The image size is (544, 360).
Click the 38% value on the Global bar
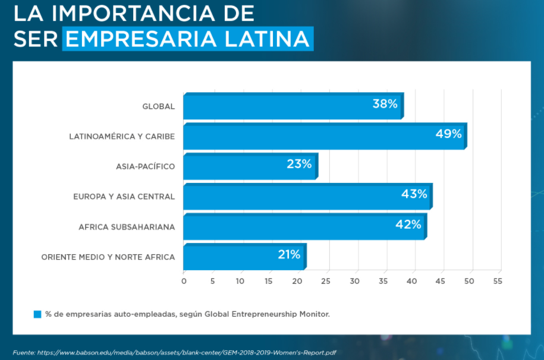pos(385,104)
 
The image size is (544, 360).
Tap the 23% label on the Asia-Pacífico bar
pos(299,164)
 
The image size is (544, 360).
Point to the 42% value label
pos(408,224)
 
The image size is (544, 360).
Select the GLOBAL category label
pos(159,107)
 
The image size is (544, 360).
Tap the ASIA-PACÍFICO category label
pos(146,167)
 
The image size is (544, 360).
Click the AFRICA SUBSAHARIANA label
pos(127,227)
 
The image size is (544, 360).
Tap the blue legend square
pos(37,314)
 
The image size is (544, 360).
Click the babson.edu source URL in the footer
pos(191,352)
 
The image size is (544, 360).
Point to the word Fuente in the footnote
pos(23,352)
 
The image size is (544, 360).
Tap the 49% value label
pos(448,134)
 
